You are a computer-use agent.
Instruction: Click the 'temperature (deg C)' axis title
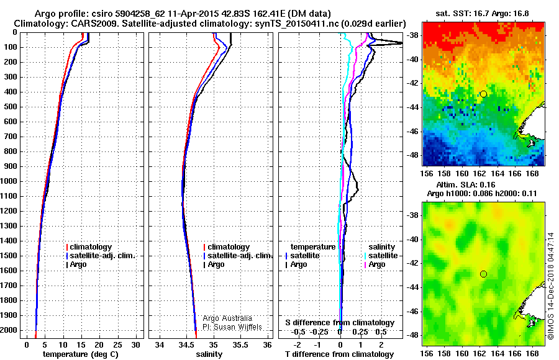click(x=80, y=354)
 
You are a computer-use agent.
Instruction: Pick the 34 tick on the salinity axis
click(x=160, y=344)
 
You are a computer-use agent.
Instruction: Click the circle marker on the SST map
click(x=483, y=94)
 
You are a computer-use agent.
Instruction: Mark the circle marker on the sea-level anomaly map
click(x=483, y=274)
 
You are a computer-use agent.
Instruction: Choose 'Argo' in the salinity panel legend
click(x=216, y=264)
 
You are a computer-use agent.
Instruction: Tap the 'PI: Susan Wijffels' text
click(x=232, y=327)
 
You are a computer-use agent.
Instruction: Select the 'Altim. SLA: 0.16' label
click(x=479, y=185)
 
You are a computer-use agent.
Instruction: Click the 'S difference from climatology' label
click(x=340, y=323)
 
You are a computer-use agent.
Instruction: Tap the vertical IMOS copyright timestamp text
click(x=552, y=285)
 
